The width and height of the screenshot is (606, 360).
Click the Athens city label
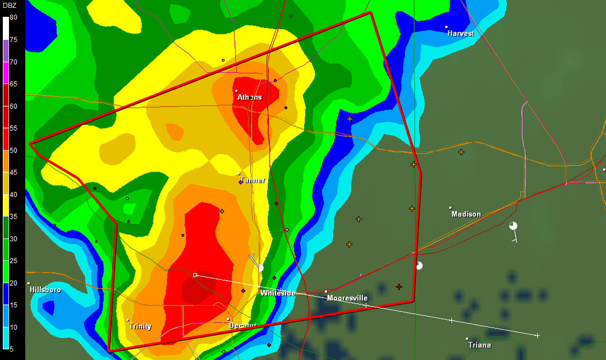tap(250, 98)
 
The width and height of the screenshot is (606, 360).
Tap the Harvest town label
tap(461, 34)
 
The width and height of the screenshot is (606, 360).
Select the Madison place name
tap(466, 214)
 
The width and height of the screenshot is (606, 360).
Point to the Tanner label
tap(252, 181)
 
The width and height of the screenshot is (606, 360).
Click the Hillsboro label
tap(45, 290)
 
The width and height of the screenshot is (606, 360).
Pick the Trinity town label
tap(140, 326)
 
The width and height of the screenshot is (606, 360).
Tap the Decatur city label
tap(243, 326)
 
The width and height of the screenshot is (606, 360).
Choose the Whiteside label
tap(278, 293)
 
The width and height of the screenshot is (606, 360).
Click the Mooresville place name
tap(347, 298)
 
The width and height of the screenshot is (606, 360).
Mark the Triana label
tap(480, 345)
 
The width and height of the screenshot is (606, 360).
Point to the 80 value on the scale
tap(13, 17)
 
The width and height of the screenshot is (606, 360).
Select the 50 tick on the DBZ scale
tap(13, 150)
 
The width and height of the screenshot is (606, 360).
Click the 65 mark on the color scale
tap(13, 84)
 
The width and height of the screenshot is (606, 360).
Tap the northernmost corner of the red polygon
tap(371, 12)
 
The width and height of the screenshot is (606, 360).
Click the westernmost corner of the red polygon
tap(30, 144)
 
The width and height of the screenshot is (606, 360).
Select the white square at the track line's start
tap(195, 275)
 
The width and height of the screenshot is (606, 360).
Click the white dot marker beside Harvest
tap(447, 27)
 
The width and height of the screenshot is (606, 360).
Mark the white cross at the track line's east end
tap(537, 335)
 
